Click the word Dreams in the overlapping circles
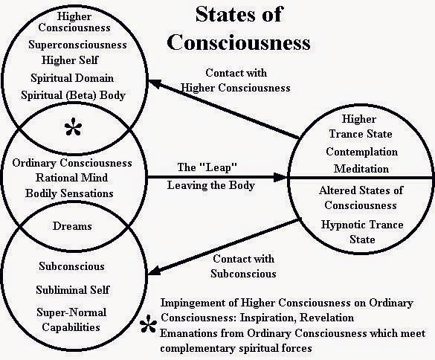pyautogui.click(x=72, y=226)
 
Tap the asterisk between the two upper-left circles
pyautogui.click(x=73, y=126)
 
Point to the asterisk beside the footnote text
pyautogui.click(x=148, y=324)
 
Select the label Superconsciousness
pyautogui.click(x=77, y=45)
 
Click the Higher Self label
pyautogui.click(x=70, y=60)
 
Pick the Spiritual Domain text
pyautogui.click(x=72, y=78)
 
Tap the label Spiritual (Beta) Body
pyautogui.click(x=73, y=95)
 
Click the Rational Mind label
pyautogui.click(x=71, y=178)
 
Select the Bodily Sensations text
pyautogui.click(x=69, y=193)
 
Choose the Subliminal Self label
pyautogui.click(x=73, y=290)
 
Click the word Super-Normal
pyautogui.click(x=71, y=312)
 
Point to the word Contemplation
pyautogui.click(x=362, y=152)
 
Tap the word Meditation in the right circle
pyautogui.click(x=361, y=169)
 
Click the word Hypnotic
pyautogui.click(x=344, y=225)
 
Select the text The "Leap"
pyautogui.click(x=207, y=167)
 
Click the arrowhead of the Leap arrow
pyautogui.click(x=281, y=177)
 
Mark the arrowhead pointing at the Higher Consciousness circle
pyautogui.click(x=155, y=83)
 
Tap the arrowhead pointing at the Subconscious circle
pyautogui.click(x=155, y=271)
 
